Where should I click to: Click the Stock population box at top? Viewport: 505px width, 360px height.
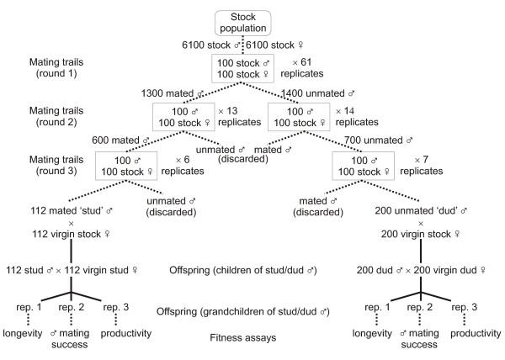pos(253,22)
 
